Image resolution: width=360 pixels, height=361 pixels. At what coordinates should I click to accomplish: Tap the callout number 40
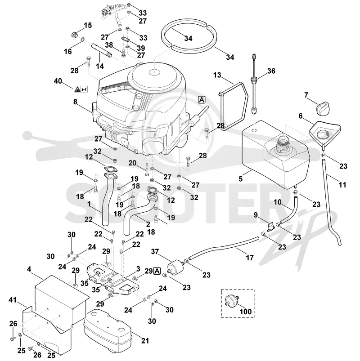coord(58,81)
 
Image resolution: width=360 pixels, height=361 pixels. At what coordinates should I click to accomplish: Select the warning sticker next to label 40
coord(81,89)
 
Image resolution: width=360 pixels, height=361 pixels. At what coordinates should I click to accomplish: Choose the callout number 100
coord(245,312)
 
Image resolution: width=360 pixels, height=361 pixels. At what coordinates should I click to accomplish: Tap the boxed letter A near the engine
coord(202,100)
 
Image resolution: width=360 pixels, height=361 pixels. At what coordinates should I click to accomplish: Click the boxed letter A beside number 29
coord(157,271)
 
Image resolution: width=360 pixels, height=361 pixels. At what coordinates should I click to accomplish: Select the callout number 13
coord(217,75)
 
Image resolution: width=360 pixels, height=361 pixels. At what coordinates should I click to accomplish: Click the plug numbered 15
coord(74,35)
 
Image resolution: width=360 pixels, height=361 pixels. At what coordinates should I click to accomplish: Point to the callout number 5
coord(240,178)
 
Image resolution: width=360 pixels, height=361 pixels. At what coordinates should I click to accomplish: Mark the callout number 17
coord(250,258)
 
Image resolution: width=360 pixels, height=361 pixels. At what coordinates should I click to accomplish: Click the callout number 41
coord(13,300)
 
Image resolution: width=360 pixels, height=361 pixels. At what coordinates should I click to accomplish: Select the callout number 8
coord(75,102)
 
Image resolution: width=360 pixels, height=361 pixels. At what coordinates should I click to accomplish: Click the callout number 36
coord(271,71)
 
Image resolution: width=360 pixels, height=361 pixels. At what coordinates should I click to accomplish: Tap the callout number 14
coord(100,66)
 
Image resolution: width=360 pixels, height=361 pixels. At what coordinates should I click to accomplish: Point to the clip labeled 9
coord(270,227)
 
